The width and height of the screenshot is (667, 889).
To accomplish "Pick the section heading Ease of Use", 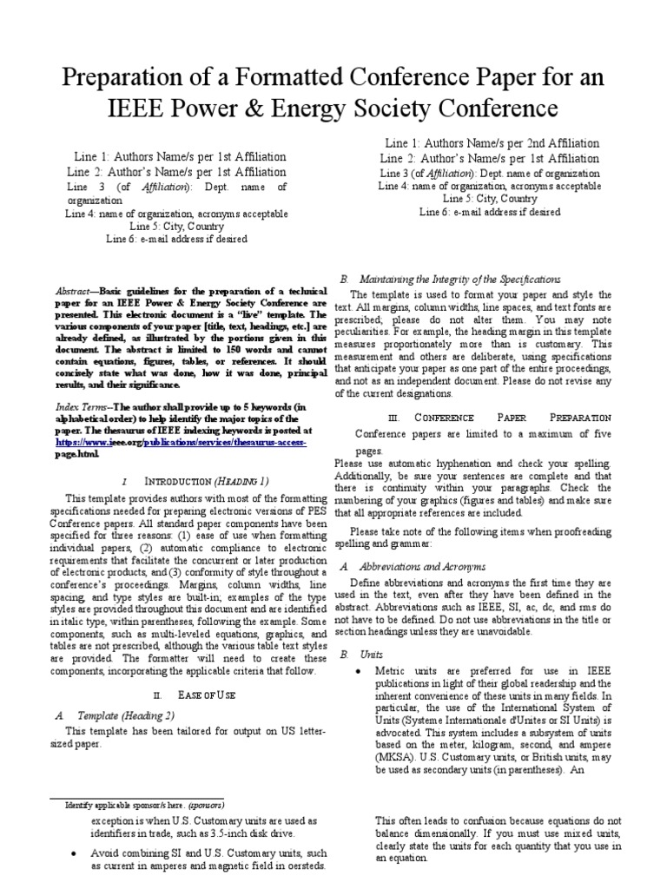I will tap(206, 695).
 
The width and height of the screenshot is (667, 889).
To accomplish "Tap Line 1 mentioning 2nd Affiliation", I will tap(492, 142).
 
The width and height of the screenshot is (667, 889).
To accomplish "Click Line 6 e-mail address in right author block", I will tap(490, 211).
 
